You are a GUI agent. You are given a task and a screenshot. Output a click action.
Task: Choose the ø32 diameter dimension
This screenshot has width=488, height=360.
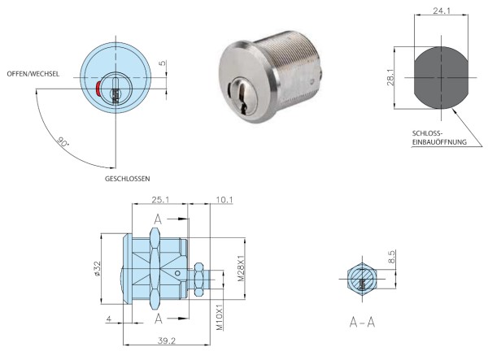coord(97,268)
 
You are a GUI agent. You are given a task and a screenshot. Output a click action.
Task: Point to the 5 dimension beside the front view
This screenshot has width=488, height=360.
coord(163,63)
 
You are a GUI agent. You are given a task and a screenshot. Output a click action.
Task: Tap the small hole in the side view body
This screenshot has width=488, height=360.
coord(177,273)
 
